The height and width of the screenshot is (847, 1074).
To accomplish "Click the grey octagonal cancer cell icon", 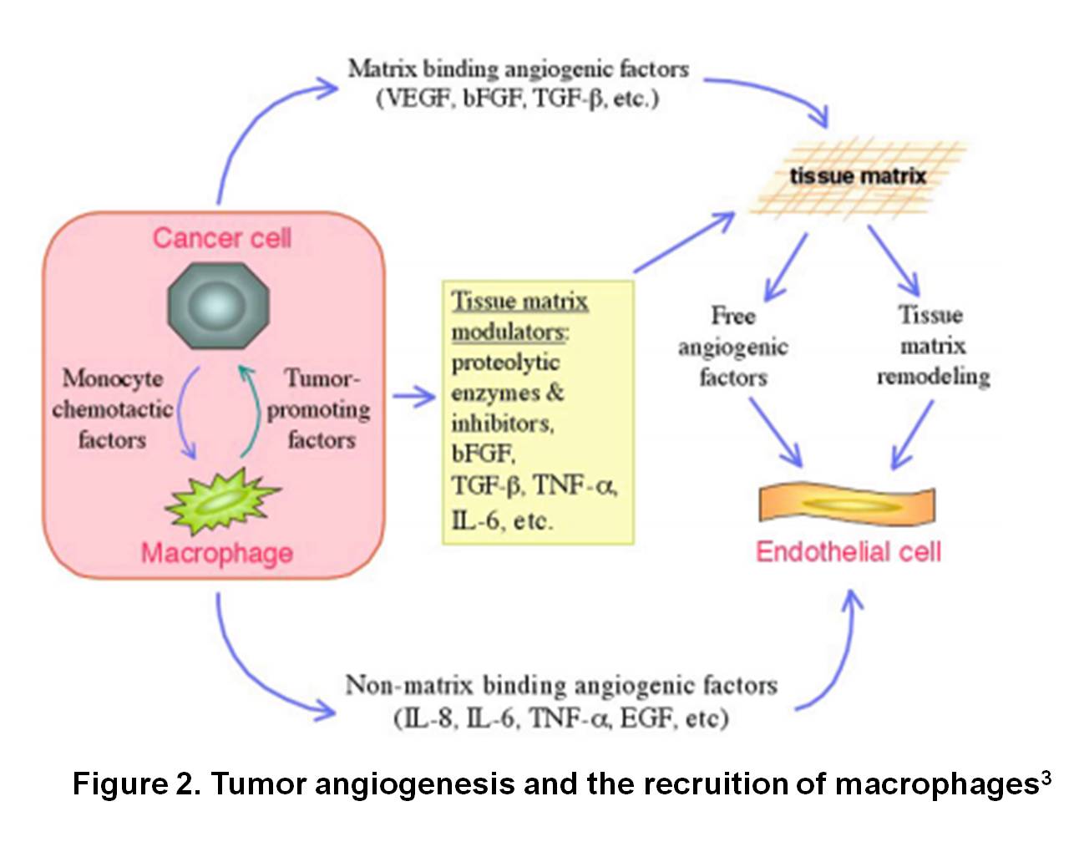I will tap(219, 306).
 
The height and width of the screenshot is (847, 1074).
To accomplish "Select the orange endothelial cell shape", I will tap(846, 504).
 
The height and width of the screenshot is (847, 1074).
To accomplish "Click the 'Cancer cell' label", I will tap(221, 238).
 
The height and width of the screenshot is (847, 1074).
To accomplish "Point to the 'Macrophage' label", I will tap(217, 553).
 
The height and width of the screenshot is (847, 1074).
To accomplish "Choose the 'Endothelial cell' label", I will tap(848, 552).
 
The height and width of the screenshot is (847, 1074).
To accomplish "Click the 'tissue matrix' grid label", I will tap(858, 176).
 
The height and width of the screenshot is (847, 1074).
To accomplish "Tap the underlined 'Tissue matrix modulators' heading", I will tap(519, 317).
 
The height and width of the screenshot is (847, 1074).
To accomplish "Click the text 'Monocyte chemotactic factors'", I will tap(112, 408).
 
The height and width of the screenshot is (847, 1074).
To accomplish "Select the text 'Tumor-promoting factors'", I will tap(320, 408).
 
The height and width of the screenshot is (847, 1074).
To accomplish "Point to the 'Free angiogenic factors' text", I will tap(732, 346).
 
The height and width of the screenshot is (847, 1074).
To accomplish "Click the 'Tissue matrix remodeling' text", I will tap(932, 345).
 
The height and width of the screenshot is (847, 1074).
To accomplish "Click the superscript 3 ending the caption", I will tap(1046, 777).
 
